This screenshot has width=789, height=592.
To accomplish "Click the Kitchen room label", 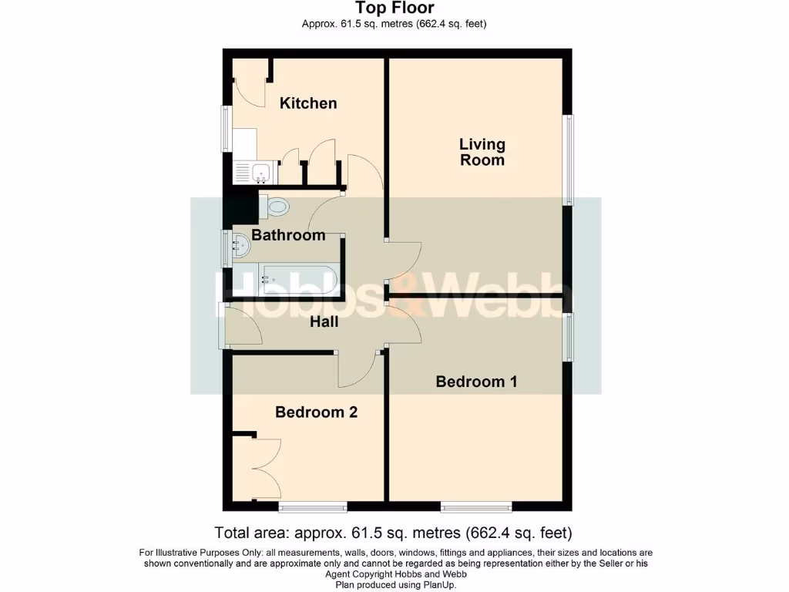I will click(308, 103).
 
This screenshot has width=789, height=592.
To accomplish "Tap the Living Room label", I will click(482, 152).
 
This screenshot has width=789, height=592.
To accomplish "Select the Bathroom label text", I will click(288, 235).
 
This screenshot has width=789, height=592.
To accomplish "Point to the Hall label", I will click(324, 322).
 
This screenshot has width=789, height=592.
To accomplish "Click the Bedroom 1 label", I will click(476, 382).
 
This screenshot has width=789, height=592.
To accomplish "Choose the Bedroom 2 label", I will click(316, 412).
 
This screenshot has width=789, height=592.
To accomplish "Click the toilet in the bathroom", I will click(275, 206).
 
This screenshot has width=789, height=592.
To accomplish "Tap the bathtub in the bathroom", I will click(299, 280).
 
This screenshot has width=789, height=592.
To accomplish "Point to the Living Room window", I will click(569, 160).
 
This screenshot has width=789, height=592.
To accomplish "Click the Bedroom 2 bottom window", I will click(313, 506).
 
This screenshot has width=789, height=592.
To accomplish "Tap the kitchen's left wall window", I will click(226, 128).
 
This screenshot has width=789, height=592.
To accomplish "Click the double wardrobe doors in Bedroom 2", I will click(258, 468).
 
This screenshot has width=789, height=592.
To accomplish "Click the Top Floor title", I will click(394, 8).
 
